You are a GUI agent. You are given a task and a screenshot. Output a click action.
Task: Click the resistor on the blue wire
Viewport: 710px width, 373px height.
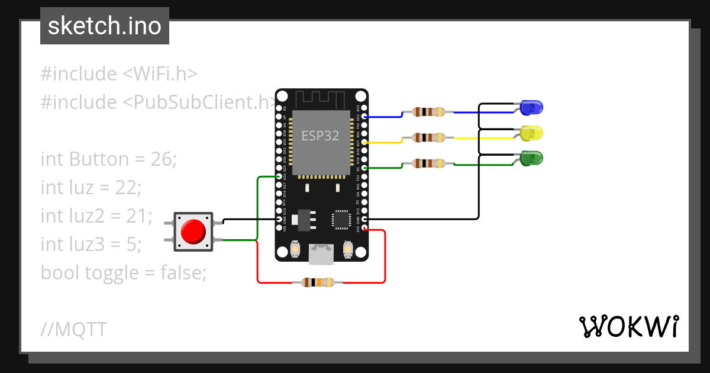(x=428, y=112)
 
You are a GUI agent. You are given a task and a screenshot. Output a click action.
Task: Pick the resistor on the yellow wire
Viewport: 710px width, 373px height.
(x=428, y=137)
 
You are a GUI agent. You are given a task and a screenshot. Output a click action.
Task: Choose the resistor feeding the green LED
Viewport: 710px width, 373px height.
(x=428, y=163)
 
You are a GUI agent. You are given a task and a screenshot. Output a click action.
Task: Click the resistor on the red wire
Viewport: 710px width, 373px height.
(x=318, y=282)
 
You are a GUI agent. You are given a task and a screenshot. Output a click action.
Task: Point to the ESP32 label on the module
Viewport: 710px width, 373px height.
(x=320, y=136)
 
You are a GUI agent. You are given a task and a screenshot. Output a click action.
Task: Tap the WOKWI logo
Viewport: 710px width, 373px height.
(x=628, y=327)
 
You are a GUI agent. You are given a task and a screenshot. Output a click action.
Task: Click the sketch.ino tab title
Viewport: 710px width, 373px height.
(x=105, y=26)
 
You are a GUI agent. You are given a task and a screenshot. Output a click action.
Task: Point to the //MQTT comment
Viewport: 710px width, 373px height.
(x=73, y=329)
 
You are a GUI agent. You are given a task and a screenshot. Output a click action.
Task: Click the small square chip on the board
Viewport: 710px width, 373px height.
(x=342, y=219)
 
